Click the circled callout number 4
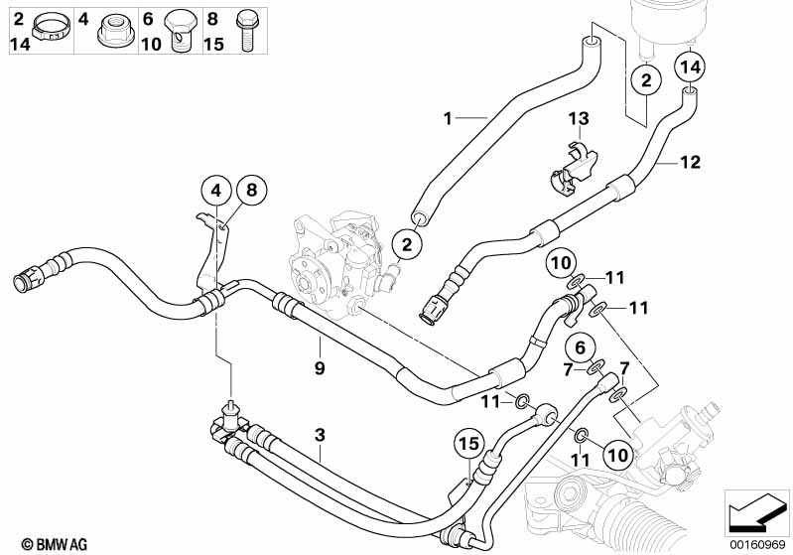(x=216, y=192)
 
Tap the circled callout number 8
(x=251, y=190)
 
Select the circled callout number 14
(x=691, y=67)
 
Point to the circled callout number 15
(x=469, y=444)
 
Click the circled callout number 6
(x=581, y=347)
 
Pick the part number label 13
(x=579, y=118)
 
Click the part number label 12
(x=691, y=162)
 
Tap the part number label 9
(x=320, y=367)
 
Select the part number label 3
(x=320, y=435)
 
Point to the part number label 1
(x=447, y=118)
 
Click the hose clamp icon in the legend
(x=51, y=28)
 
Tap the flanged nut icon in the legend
(x=115, y=31)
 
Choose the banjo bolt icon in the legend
(x=181, y=31)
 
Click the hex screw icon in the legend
(x=247, y=31)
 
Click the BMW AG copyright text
(x=55, y=544)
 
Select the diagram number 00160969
(x=756, y=544)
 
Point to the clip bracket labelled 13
(x=572, y=169)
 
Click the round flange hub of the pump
(x=304, y=282)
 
